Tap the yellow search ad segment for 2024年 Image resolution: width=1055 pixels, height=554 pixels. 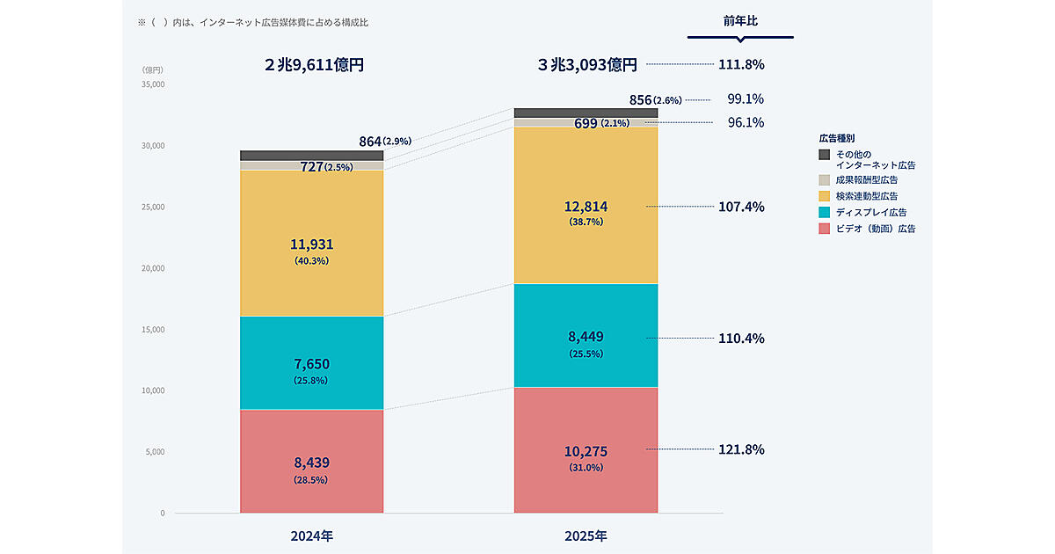pyautogui.click(x=311, y=211)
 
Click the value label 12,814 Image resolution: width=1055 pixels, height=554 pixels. pyautogui.click(x=586, y=207)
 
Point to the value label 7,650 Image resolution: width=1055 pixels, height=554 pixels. pyautogui.click(x=311, y=364)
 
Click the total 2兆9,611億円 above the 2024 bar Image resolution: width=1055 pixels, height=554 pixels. pyautogui.click(x=314, y=65)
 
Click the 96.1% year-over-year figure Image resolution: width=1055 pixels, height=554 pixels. pyautogui.click(x=746, y=123)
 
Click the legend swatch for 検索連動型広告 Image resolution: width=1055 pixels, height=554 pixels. pyautogui.click(x=824, y=195)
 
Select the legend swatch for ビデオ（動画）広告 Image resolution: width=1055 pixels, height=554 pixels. pyautogui.click(x=824, y=229)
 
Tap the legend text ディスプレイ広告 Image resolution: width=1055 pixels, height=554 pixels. pyautogui.click(x=871, y=212)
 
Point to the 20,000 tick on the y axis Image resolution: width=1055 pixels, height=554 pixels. pyautogui.click(x=152, y=268)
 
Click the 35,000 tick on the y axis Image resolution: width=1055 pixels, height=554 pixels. pyautogui.click(x=152, y=84)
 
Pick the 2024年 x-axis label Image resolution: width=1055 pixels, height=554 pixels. pyautogui.click(x=311, y=535)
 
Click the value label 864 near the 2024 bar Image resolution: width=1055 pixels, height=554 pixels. pyautogui.click(x=370, y=141)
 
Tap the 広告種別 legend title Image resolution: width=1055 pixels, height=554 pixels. pyautogui.click(x=837, y=138)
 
